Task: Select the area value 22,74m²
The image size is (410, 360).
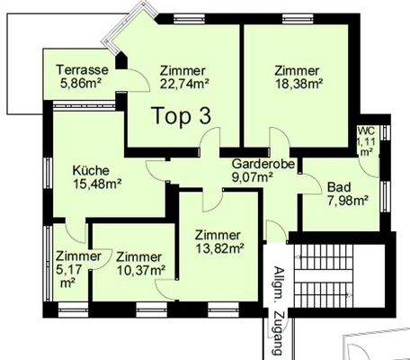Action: (183, 85)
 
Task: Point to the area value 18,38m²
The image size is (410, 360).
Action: (299, 85)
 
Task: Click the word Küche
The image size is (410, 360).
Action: (91, 169)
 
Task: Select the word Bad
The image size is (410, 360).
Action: (338, 186)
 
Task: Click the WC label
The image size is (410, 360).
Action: (366, 130)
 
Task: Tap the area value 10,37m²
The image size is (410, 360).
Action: (140, 269)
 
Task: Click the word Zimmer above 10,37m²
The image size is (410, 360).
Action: (139, 256)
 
